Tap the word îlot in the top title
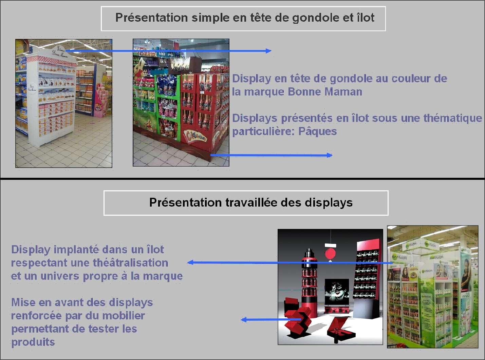click(366, 17)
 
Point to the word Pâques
click(317, 131)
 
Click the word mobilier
click(124, 316)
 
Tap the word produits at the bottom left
click(33, 342)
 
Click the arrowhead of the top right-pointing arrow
click(268, 51)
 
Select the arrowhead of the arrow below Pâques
click(329, 155)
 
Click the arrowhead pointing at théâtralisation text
click(191, 262)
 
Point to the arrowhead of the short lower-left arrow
click(244, 320)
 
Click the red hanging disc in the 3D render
click(330, 254)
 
